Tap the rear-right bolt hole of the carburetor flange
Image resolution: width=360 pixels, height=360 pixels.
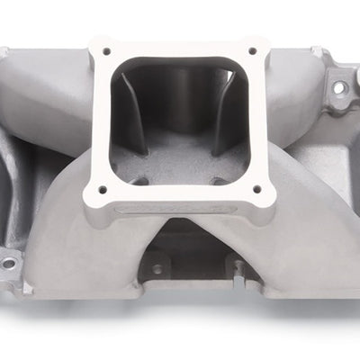coord(253,50)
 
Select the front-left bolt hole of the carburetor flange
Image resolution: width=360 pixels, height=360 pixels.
coord(102,190)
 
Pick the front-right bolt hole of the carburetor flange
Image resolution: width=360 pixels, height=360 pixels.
coord(258,189)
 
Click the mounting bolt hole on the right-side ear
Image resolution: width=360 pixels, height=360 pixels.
coord(339,88)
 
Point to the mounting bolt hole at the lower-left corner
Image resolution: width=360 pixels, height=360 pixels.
coord(7,264)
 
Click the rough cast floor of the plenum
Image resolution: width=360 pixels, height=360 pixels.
coord(180,162)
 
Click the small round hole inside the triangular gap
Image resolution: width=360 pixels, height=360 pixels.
coord(157,268)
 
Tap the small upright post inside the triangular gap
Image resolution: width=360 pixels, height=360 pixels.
coord(236,267)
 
